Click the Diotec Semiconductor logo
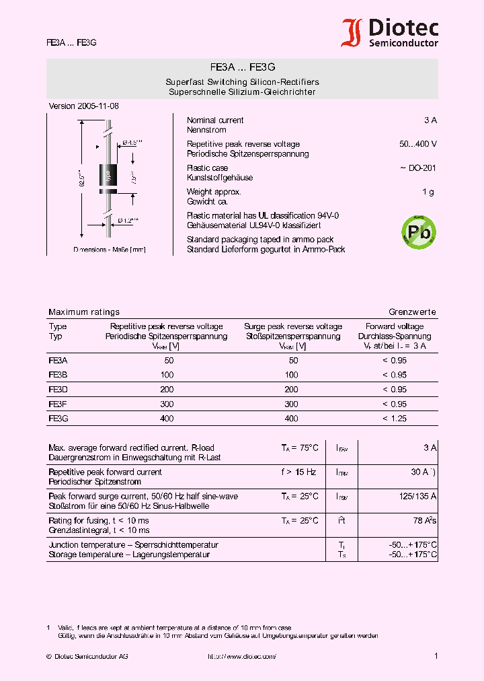point(390,32)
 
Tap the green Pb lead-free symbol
point(418,231)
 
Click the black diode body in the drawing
point(106,176)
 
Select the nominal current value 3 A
point(430,120)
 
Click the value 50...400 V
point(417,145)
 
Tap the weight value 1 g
point(428,192)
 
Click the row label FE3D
point(58,390)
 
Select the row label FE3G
point(58,419)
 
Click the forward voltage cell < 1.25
point(395,419)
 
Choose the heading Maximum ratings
point(84,312)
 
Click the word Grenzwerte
point(412,312)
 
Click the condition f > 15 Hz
point(299,472)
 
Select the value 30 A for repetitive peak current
point(422,472)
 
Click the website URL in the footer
point(241,656)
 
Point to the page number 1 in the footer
point(436,656)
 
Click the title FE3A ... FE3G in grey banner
point(242,68)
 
